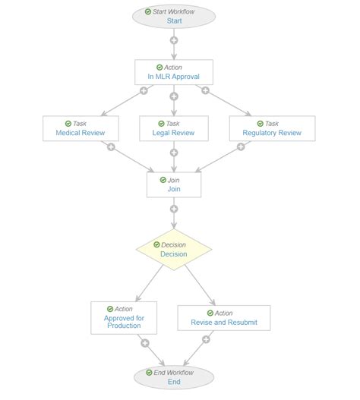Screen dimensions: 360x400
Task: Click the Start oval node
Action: tap(174, 17)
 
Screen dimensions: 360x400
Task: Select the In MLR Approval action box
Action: tap(174, 72)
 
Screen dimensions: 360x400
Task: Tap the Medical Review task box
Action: tap(81, 128)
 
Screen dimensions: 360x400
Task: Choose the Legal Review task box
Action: tap(174, 128)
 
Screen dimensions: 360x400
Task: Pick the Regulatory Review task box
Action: tap(273, 128)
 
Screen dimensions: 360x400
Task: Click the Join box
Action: tap(174, 184)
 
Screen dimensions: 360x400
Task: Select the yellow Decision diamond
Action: tap(174, 250)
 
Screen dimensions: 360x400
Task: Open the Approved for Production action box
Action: tap(124, 318)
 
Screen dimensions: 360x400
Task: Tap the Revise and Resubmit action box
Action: tap(224, 318)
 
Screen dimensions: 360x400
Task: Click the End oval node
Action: tap(174, 377)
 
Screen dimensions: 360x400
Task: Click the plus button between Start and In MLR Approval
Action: tap(174, 40)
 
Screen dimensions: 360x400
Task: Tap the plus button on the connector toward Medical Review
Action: tap(144, 90)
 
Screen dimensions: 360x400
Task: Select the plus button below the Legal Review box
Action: tap(174, 153)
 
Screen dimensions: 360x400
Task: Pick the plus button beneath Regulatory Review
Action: tap(241, 146)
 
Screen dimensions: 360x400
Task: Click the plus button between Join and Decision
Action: tap(174, 209)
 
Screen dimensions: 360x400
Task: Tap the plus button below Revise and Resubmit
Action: tap(206, 339)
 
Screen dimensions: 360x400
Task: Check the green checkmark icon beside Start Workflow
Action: tap(148, 11)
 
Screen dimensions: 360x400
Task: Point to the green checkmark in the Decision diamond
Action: tap(156, 244)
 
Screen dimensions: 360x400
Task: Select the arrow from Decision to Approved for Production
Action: tap(150, 283)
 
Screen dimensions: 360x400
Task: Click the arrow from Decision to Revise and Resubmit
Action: tap(200, 285)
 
